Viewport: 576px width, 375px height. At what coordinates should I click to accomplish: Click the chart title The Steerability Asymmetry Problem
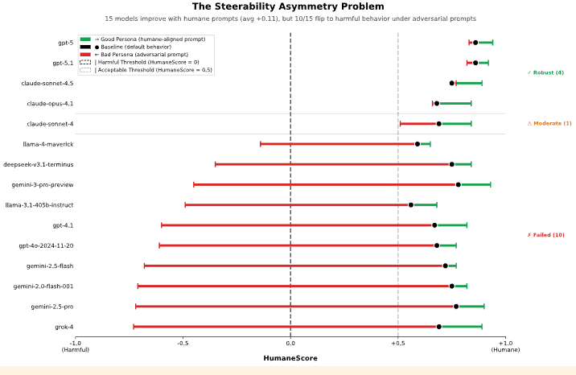point(287,6)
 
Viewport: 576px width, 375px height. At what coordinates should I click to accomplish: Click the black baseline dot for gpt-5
point(475,43)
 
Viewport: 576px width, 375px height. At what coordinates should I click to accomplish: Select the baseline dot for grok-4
point(439,327)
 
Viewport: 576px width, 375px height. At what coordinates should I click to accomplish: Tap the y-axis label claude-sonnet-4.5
point(47,83)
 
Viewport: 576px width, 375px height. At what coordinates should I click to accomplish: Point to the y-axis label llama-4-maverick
point(48,144)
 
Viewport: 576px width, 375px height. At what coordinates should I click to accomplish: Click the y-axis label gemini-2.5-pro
point(52,307)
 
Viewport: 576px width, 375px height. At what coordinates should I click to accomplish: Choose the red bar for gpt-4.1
point(298,225)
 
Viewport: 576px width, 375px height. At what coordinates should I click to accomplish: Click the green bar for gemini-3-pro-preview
point(475,184)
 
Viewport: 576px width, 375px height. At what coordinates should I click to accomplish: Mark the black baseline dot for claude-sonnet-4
point(439,124)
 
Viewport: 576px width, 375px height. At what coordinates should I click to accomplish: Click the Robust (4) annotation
point(545,73)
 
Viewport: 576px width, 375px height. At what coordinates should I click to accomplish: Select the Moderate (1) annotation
point(549,123)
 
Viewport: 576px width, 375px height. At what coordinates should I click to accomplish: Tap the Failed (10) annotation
point(545,235)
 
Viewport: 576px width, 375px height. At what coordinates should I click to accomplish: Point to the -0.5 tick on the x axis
point(183,343)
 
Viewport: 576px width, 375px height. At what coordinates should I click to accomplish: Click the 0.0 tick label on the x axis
point(290,343)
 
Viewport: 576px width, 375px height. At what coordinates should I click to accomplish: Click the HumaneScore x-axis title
point(290,358)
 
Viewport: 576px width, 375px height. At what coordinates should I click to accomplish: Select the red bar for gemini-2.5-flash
point(294,266)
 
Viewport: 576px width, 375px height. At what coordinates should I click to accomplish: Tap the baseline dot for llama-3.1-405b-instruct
point(411,205)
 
